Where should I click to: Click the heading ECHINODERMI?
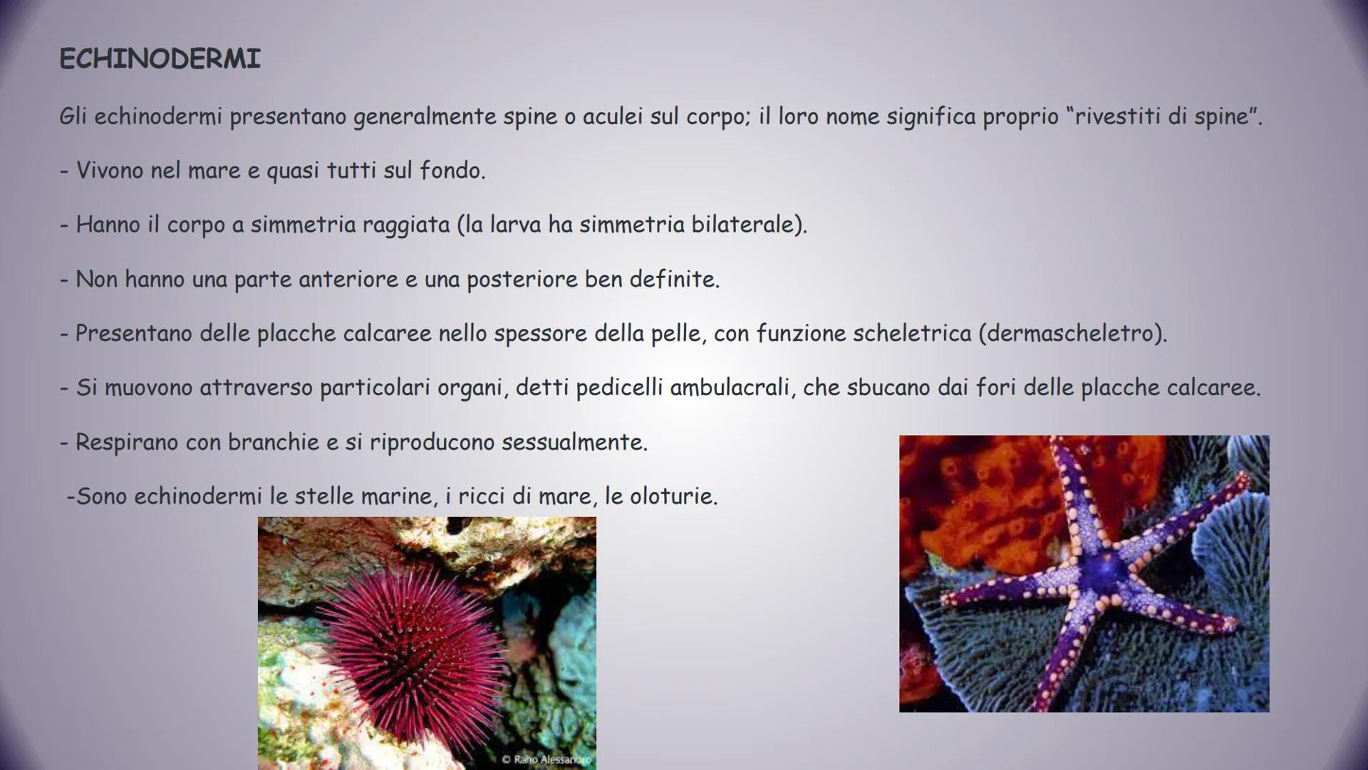coord(160,58)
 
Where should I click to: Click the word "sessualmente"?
coord(574,442)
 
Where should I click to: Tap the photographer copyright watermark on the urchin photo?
coord(546,759)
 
